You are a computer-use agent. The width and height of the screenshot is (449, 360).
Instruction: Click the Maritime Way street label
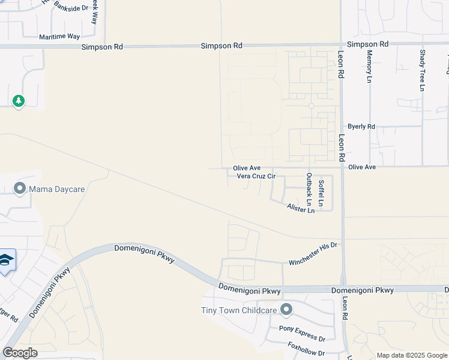59,37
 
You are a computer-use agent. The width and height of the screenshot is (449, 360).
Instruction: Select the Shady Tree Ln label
423,71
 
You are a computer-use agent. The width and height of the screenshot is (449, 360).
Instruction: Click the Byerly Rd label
361,127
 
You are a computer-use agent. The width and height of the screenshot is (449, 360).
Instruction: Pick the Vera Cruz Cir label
256,176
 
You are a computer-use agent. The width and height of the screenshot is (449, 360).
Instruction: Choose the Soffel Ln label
322,193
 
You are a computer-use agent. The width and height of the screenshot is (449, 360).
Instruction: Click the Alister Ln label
301,208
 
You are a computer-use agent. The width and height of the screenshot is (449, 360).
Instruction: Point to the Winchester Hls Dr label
314,245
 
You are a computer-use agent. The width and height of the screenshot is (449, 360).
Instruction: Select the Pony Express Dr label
302,329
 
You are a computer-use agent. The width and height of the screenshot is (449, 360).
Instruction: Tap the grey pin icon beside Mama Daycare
20,189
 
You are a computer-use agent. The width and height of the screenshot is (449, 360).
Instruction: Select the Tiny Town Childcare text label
238,310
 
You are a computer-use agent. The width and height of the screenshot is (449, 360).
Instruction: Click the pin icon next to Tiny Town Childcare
286,310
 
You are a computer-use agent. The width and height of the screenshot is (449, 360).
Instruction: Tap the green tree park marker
19,100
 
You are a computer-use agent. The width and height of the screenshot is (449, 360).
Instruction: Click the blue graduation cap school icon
6,260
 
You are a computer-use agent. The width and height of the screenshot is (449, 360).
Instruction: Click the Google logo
20,352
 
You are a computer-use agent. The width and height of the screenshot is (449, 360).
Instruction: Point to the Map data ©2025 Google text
411,355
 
